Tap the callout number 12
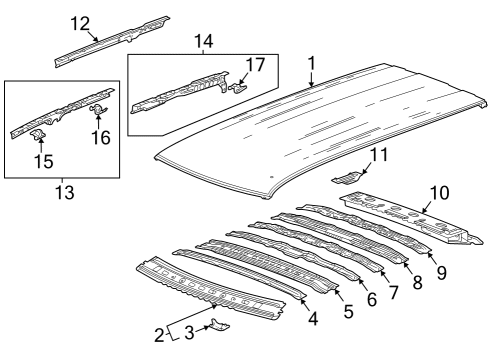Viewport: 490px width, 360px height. (80, 23)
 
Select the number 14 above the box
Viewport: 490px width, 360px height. (204, 42)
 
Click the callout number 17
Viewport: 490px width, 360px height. (255, 66)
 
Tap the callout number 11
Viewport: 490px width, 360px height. (377, 155)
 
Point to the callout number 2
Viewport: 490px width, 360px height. (160, 335)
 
